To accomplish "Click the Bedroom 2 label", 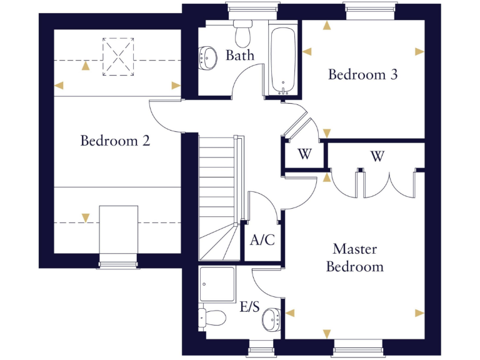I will [115, 141].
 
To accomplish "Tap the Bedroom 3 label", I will [363, 74].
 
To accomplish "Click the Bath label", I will [240, 55].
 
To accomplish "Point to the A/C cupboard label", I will [262, 240].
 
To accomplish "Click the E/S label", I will [249, 307].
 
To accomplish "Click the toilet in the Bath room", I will [242, 30].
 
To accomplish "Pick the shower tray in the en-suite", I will [217, 284].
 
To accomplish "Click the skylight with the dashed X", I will [119, 57].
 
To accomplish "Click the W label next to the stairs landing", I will [304, 155].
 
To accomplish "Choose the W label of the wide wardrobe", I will [376, 156].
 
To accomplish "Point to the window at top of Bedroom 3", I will [369, 8].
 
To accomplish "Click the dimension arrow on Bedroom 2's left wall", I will [59, 86].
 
